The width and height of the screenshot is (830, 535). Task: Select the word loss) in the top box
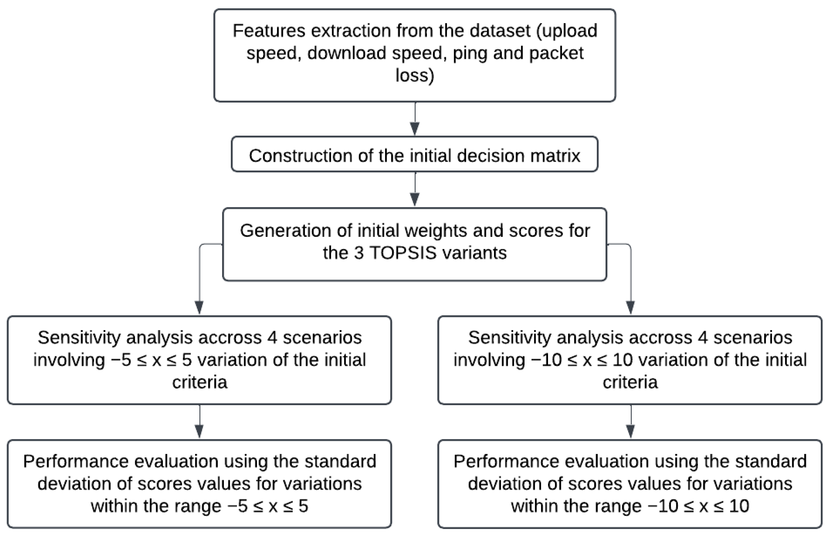tap(415, 75)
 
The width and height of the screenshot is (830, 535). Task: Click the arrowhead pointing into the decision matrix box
tap(415, 128)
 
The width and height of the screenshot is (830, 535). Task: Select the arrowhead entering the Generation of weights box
tap(415, 200)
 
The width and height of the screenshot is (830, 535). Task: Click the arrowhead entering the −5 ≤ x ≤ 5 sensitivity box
tap(199, 307)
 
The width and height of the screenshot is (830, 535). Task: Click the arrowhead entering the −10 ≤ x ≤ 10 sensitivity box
tap(630, 307)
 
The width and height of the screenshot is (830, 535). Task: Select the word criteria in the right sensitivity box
tap(630, 382)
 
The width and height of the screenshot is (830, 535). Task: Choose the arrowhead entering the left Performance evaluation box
tap(199, 432)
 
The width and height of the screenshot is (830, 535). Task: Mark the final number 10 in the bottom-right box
tap(739, 506)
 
